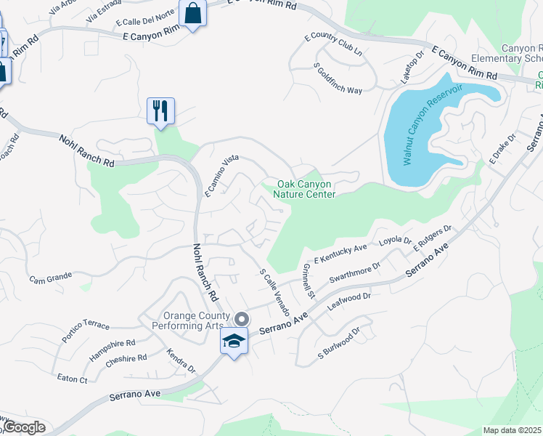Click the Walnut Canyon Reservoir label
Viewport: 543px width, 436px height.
[x=433, y=124]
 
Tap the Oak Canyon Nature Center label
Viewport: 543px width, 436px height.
[x=304, y=189]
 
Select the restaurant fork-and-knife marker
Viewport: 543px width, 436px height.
[x=159, y=111]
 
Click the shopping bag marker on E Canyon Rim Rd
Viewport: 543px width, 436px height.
[x=193, y=14]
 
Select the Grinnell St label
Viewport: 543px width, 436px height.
[x=308, y=281]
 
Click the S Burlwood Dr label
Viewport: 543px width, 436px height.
[x=339, y=345]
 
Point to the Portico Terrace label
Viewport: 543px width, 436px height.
[x=86, y=326]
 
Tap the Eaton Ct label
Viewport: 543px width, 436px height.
[x=73, y=379]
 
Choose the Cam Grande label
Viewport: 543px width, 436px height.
[x=50, y=278]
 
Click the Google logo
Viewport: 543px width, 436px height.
[x=23, y=427]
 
